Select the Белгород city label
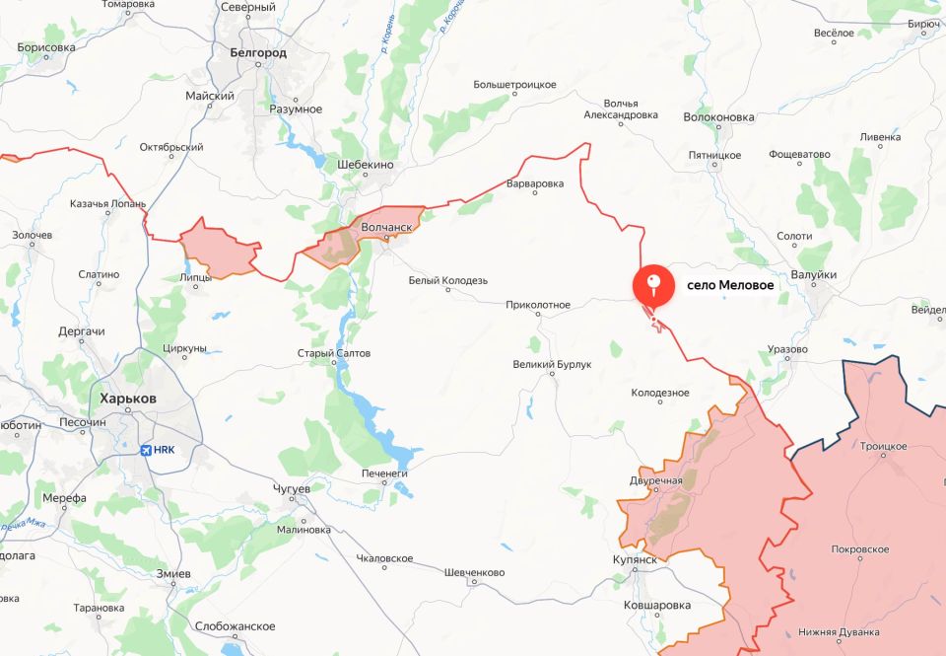(x=257, y=53)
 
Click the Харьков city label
(x=128, y=398)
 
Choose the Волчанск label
(x=386, y=226)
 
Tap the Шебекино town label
(x=366, y=165)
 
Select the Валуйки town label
(x=814, y=275)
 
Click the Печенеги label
(x=384, y=474)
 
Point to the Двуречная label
(x=655, y=480)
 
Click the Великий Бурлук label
(x=552, y=365)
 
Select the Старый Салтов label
(x=335, y=353)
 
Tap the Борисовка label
(x=46, y=47)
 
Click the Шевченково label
(x=475, y=572)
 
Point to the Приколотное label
(x=538, y=305)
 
